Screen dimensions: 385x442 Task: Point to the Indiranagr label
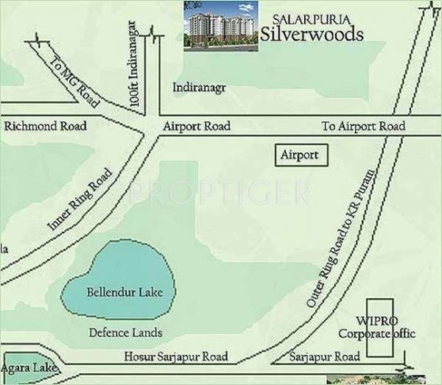pyautogui.click(x=200, y=88)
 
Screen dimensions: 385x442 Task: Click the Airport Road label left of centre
pyautogui.click(x=197, y=127)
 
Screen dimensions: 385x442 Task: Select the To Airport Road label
pyautogui.click(x=363, y=127)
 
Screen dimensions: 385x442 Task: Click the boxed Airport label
pyautogui.click(x=300, y=155)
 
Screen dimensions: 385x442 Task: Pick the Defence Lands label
pyautogui.click(x=125, y=332)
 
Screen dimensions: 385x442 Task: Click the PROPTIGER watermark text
pyautogui.click(x=221, y=193)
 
